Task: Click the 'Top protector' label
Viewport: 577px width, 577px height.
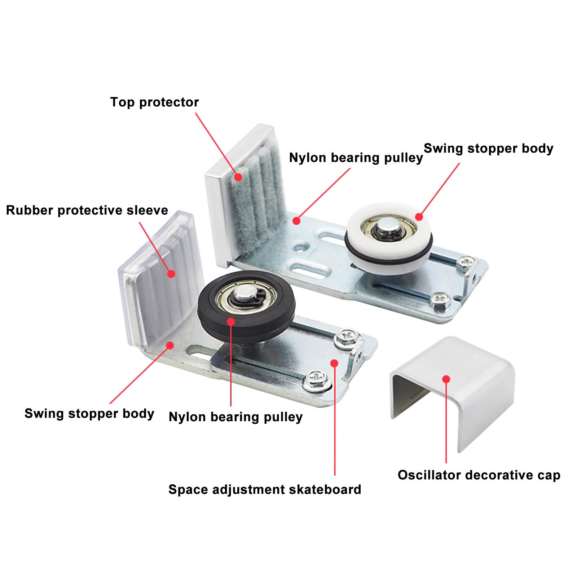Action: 154,102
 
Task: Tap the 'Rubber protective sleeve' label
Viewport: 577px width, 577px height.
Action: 87,210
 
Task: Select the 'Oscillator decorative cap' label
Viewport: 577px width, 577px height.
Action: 479,475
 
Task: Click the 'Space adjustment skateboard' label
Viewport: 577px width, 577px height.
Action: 265,489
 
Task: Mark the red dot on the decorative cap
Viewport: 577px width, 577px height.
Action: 446,379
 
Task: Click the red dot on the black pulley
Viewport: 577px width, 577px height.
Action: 231,321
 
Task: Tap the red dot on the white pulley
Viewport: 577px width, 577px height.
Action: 419,217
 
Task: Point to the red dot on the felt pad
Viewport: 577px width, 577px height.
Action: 238,177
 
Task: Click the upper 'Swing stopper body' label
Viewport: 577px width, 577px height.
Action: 488,149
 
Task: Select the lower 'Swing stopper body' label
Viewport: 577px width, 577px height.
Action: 89,414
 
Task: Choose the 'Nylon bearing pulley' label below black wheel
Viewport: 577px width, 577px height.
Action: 235,417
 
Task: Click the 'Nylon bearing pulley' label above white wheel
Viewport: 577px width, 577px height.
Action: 356,158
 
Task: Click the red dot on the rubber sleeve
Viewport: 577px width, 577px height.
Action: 171,274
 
